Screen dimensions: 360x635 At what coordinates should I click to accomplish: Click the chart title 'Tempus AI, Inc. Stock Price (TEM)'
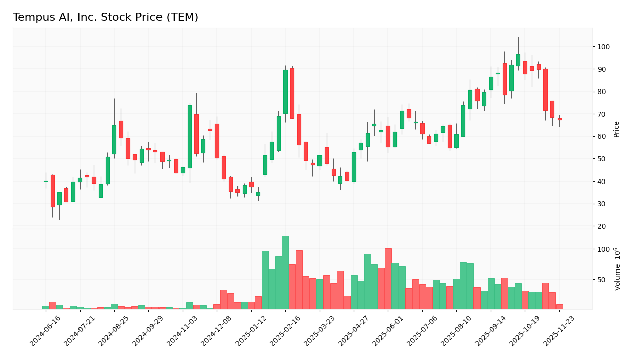coord(105,18)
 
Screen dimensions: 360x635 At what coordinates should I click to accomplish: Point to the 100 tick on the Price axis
coord(604,47)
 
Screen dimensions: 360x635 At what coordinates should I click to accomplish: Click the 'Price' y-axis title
coord(616,129)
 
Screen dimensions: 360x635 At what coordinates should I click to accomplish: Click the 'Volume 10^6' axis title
coord(617,269)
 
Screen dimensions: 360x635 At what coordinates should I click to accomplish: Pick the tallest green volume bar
coord(285,272)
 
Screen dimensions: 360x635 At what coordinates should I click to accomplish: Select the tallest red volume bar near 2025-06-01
coord(388,279)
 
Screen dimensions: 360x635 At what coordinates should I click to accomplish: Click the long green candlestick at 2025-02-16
coord(285,92)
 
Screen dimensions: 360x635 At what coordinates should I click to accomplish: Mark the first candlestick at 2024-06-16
coord(46,181)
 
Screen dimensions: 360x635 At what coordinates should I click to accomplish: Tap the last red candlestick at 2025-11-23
coord(559,119)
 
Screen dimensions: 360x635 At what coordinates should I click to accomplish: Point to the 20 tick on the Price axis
coord(603,226)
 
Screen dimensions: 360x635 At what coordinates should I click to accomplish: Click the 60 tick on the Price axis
coord(603,136)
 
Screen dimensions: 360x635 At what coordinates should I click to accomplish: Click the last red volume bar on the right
coord(559,306)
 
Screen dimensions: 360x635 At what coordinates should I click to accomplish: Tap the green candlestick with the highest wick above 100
coord(518,60)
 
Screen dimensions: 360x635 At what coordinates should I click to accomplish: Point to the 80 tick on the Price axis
coord(603,92)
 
